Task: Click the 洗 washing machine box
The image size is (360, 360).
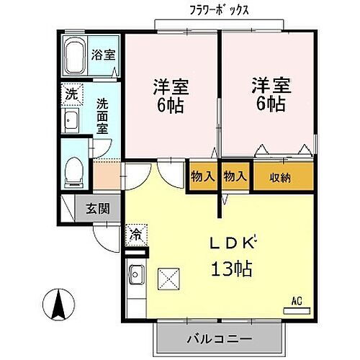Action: click(x=71, y=94)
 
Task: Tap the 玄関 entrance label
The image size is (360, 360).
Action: click(x=98, y=210)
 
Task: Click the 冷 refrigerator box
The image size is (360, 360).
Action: click(x=135, y=233)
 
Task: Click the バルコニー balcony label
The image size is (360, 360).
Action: click(x=218, y=338)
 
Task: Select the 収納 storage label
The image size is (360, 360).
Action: click(x=281, y=176)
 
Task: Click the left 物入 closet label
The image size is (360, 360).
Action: click(x=202, y=176)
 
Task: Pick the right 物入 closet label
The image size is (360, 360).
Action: click(x=235, y=176)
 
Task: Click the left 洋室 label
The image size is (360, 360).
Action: click(x=171, y=86)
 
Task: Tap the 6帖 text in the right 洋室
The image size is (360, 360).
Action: click(x=269, y=104)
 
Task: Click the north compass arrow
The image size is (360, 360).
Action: click(x=58, y=307)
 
